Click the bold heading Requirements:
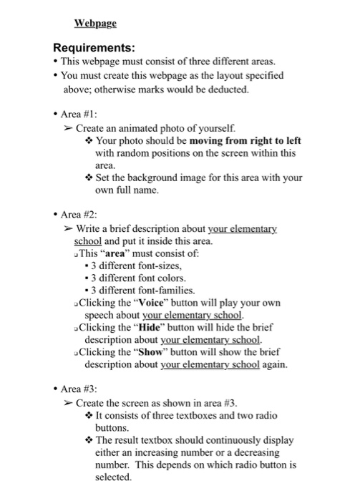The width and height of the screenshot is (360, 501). coord(94,48)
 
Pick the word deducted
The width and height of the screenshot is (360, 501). coord(229,89)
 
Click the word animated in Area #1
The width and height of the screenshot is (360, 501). coord(135,127)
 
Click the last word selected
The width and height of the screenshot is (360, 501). coord(112,477)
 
